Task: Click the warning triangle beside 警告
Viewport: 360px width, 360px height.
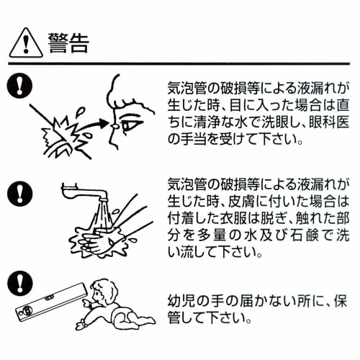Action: pos(26,43)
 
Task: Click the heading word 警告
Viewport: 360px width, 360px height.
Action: pos(68,43)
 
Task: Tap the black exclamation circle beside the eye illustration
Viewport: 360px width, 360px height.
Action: pos(19,86)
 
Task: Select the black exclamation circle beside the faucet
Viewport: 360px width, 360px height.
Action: pos(19,194)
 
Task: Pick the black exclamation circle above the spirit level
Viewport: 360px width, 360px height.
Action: pos(19,284)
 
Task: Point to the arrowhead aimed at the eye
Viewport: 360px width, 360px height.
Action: pos(102,123)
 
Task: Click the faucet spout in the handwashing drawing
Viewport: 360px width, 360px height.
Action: pos(84,192)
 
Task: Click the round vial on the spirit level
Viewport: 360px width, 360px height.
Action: pos(27,312)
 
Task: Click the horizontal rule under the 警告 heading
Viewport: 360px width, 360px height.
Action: pos(179,64)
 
